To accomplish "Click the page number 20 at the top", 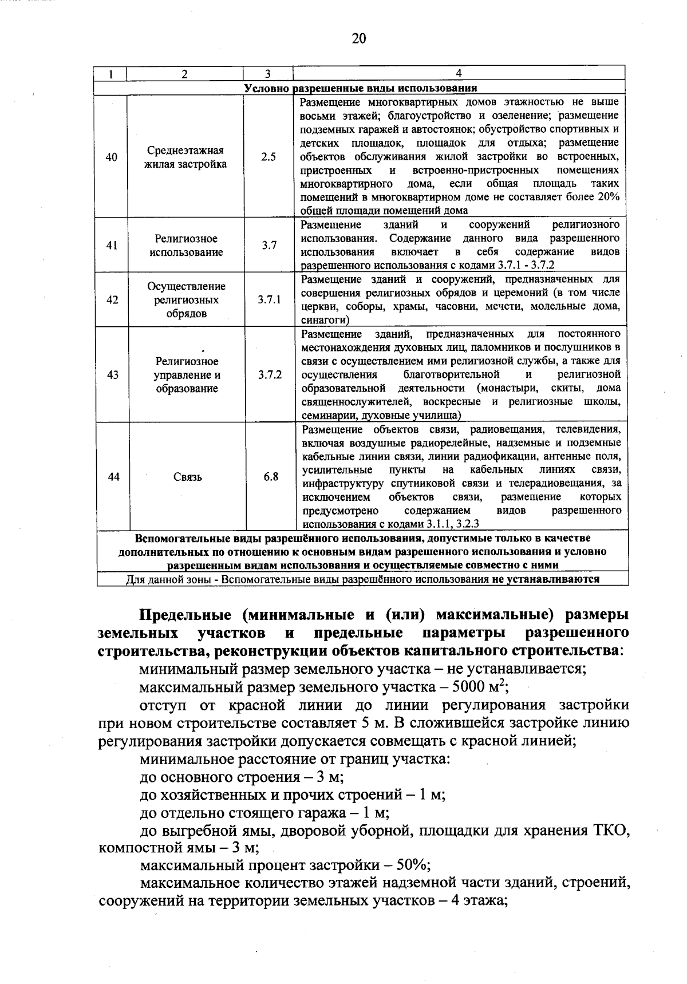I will [x=358, y=38].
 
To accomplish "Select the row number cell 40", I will [x=112, y=157].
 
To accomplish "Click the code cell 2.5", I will [x=268, y=157].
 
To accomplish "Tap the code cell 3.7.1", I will [x=269, y=299].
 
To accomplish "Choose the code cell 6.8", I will [x=271, y=476].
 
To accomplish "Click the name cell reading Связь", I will [x=187, y=477].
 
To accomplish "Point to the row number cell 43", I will [x=113, y=375].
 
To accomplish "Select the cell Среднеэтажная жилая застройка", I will [x=185, y=157].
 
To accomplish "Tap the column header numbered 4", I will [x=459, y=73].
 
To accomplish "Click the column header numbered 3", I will [x=267, y=73].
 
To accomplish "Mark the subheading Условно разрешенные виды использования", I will [x=361, y=88].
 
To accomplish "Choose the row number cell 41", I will [x=112, y=245].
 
